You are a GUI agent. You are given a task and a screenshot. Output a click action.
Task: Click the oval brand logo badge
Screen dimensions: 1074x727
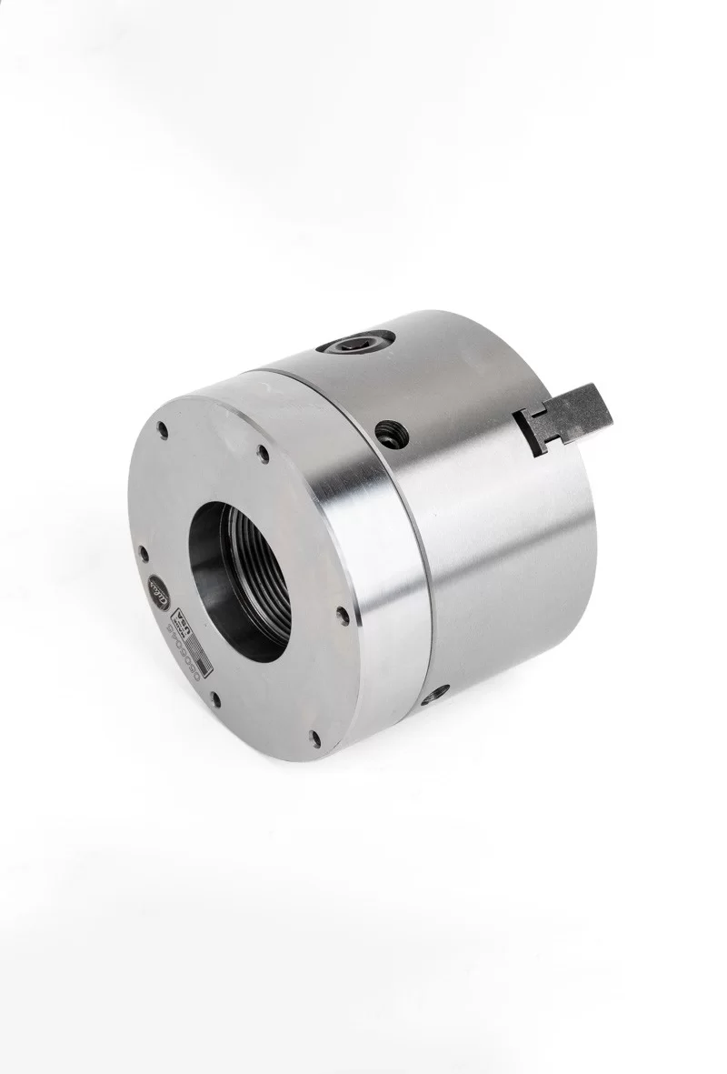[x=156, y=587]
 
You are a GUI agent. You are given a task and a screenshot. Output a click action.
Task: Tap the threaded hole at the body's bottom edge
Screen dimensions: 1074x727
[x=440, y=693]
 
